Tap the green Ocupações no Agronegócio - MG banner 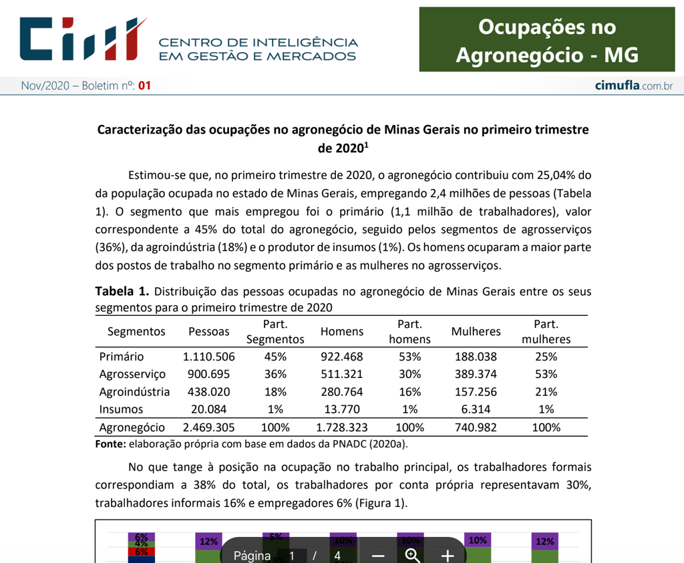click(x=546, y=40)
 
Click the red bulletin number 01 click(x=144, y=85)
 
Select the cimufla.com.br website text click(x=633, y=85)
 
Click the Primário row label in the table click(x=121, y=357)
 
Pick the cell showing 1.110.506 click(x=208, y=357)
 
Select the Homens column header click(x=342, y=331)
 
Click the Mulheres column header click(x=476, y=331)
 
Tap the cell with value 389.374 click(x=476, y=374)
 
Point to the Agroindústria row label click(x=134, y=392)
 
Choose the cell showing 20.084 click(x=208, y=409)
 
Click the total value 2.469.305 click(x=208, y=427)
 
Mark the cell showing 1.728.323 click(x=342, y=427)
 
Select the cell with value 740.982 click(x=476, y=427)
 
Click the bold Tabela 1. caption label click(x=122, y=291)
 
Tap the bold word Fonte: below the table click(x=110, y=443)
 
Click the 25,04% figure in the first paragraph click(x=556, y=176)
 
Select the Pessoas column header click(x=208, y=331)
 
